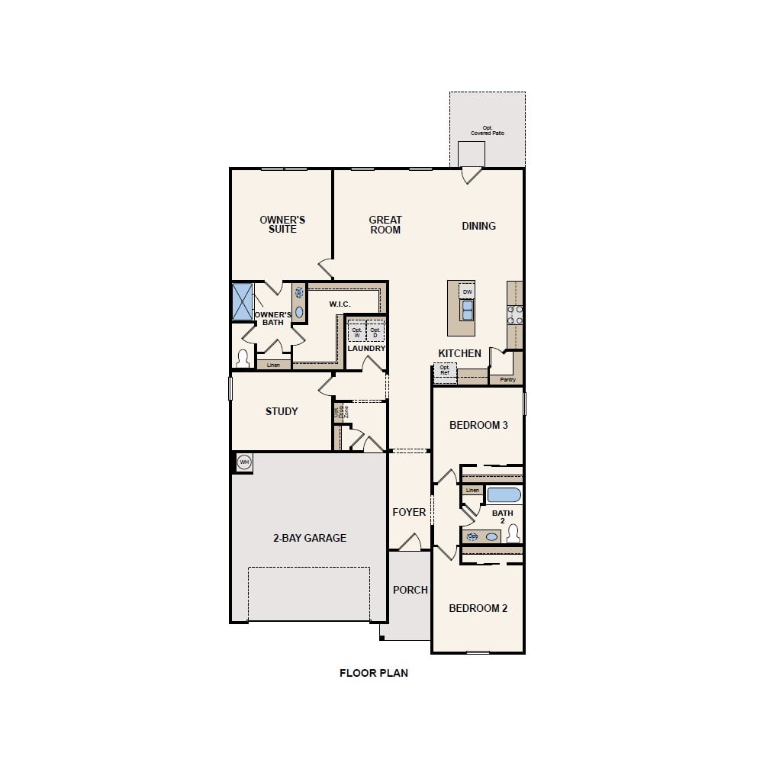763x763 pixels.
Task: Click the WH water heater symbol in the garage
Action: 244,462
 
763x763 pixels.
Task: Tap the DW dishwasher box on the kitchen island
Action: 467,291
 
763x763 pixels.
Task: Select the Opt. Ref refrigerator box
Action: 445,372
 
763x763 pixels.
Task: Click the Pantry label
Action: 507,379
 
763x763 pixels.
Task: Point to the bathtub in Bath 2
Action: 504,494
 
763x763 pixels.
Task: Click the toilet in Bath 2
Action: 513,533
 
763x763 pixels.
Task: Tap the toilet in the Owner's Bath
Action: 243,358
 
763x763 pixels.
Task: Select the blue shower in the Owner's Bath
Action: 243,301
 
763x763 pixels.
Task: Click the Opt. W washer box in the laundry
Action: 356,333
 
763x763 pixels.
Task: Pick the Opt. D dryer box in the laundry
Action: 375,333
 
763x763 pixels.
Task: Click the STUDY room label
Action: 282,411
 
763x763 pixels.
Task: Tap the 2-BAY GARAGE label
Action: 310,538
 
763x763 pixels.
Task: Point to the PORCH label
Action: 410,590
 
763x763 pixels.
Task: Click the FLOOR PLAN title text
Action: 374,673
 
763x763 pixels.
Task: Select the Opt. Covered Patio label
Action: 488,130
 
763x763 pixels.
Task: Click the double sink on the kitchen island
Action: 466,310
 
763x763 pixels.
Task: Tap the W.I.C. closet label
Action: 340,304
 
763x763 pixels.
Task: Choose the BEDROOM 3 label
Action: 478,425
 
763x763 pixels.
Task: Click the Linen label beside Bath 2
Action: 472,490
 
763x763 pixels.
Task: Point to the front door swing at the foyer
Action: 410,543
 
